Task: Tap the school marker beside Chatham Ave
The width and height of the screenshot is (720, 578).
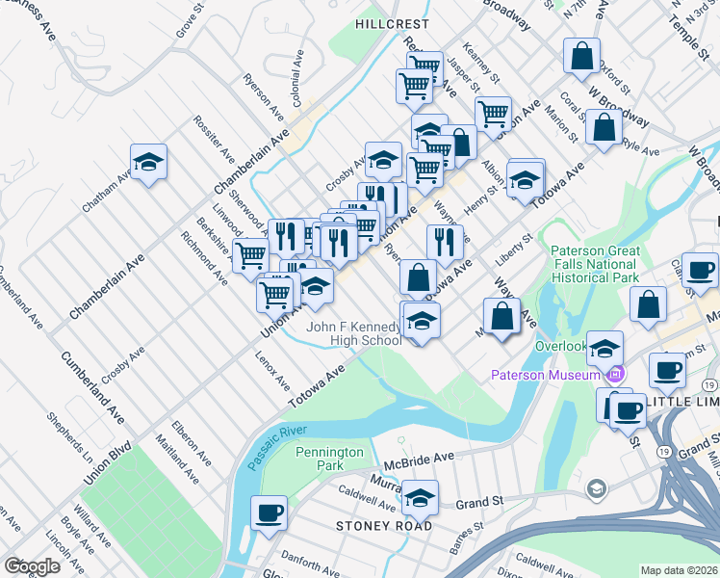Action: coord(149,163)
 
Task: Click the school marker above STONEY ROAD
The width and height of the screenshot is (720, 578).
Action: coord(420,499)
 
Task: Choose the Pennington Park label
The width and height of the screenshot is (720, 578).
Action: coord(330,459)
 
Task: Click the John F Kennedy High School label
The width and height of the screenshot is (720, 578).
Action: coord(354,333)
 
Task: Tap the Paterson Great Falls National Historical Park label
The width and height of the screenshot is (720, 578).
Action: coord(595,264)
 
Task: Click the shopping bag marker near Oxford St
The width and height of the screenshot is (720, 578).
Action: coord(582,56)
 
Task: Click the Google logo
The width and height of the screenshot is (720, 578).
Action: coord(32,566)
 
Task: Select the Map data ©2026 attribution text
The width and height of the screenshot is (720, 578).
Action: coord(679,570)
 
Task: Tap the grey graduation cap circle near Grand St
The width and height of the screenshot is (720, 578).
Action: coord(597,490)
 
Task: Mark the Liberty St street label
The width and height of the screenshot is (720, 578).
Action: coord(515,250)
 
